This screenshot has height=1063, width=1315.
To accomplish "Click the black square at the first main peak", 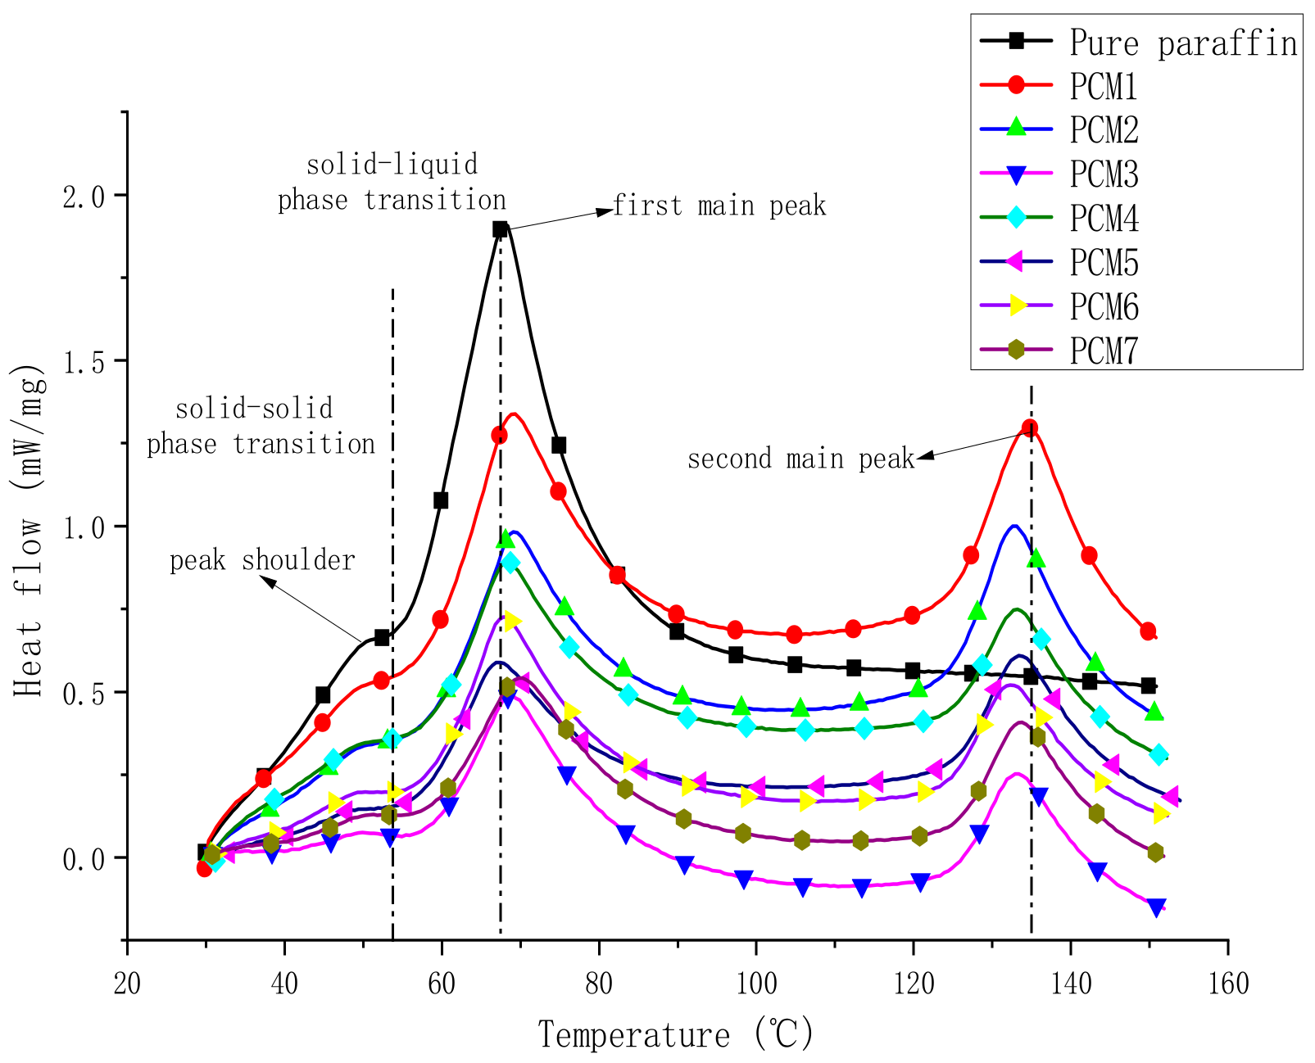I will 500,229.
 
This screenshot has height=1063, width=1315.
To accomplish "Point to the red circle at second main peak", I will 1030,427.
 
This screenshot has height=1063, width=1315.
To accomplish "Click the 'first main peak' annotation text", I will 719,206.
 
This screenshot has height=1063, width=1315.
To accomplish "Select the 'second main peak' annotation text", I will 800,459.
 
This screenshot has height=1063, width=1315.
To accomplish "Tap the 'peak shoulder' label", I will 262,561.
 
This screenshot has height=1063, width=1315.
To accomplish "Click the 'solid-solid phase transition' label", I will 261,427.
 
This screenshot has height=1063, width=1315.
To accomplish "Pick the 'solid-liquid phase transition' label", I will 392,183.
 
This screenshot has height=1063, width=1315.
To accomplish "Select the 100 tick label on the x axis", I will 756,984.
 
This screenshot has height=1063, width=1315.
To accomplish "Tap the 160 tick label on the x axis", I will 1227,984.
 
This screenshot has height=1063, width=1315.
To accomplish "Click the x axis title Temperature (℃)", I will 676,1034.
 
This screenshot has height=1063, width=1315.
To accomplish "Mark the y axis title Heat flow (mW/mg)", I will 29,526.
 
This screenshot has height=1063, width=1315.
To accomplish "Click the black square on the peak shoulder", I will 382,637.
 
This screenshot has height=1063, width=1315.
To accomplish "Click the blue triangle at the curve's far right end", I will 1156,907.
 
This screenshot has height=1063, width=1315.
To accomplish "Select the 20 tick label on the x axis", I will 127,984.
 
